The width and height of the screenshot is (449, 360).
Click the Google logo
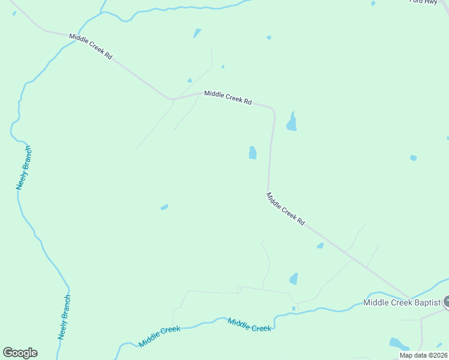[x=20, y=353]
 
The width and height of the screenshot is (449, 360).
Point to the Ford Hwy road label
[x=423, y=2]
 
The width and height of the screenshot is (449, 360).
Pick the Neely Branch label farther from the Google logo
[x=23, y=168]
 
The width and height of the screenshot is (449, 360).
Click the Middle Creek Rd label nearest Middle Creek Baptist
[x=285, y=209]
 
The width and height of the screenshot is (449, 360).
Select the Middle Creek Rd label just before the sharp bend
[x=228, y=97]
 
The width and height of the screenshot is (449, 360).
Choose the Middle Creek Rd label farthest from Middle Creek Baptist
[x=91, y=46]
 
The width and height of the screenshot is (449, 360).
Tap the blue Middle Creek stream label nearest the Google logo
[x=160, y=337]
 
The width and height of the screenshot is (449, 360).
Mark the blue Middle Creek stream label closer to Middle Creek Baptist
[x=250, y=325]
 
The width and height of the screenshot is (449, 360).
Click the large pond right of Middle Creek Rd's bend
[x=292, y=122]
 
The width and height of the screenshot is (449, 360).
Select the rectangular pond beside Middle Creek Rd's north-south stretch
[x=253, y=153]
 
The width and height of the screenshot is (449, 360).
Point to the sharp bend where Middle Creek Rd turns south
[x=273, y=110]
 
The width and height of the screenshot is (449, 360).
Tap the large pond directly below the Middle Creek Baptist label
[x=399, y=344]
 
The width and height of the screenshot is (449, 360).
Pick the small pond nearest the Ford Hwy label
[x=373, y=3]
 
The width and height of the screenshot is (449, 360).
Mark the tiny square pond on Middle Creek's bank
[x=294, y=308]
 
